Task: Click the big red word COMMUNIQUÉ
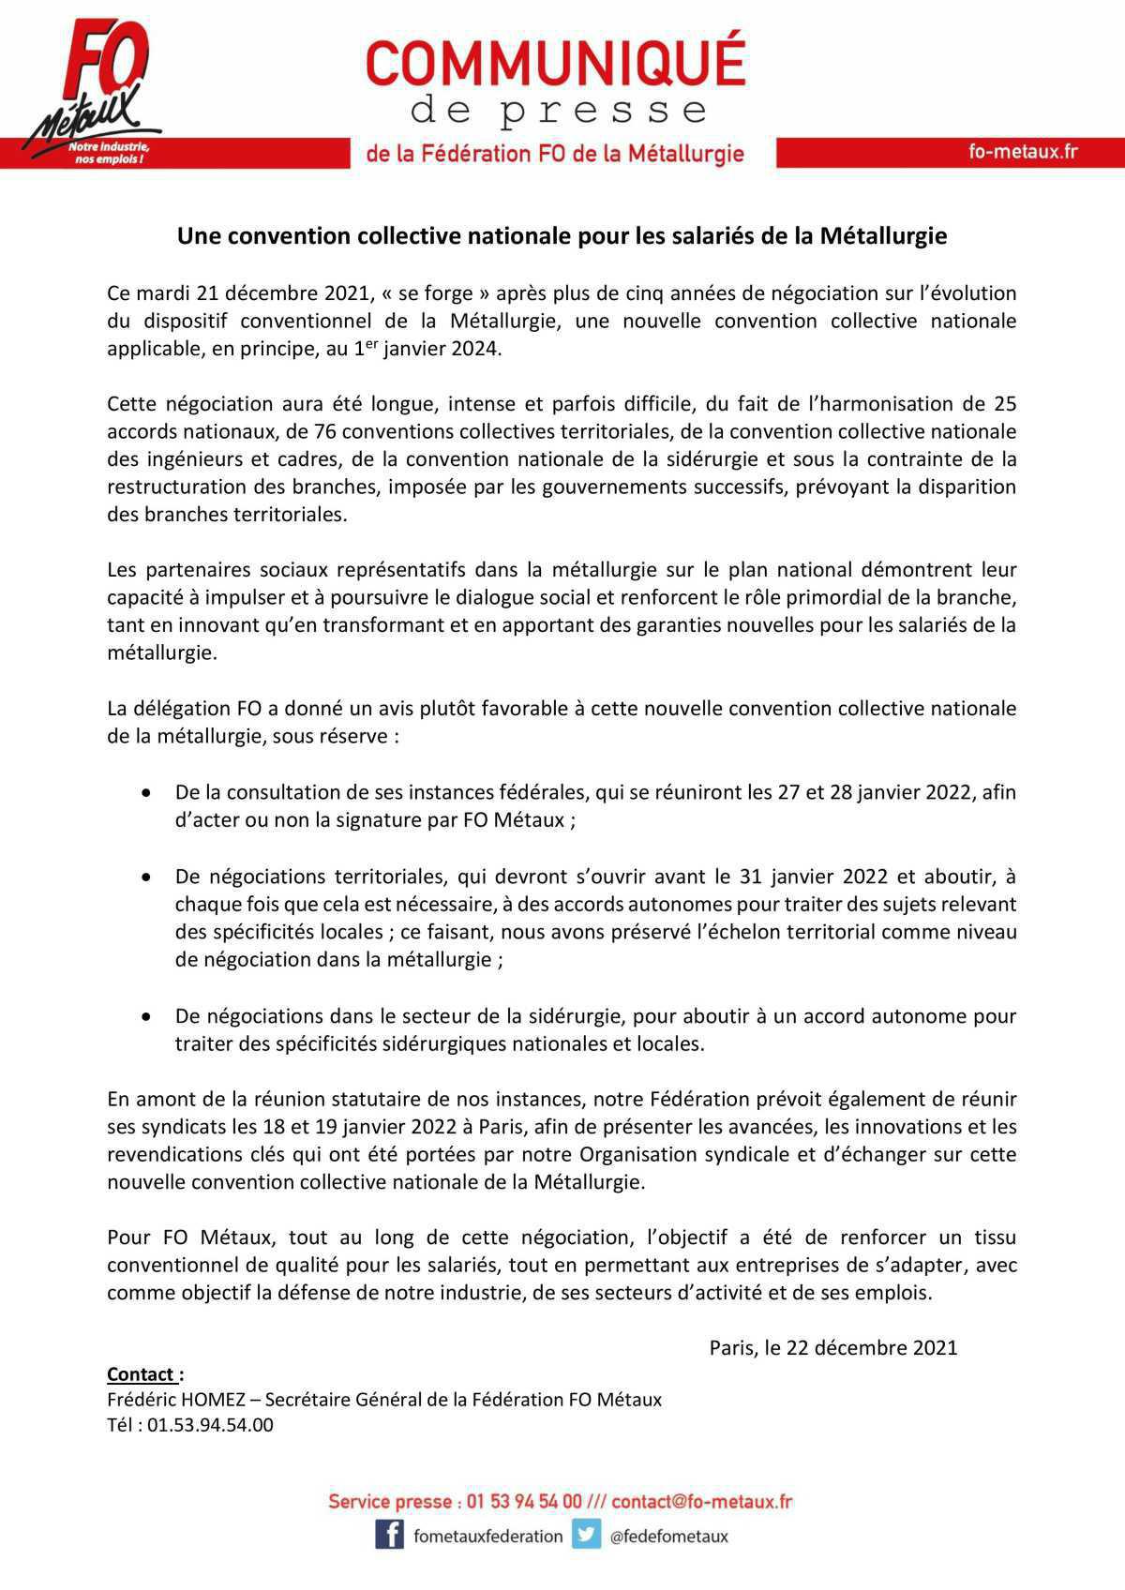click(x=555, y=64)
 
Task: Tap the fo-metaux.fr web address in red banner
click(x=1023, y=152)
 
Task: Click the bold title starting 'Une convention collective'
click(x=562, y=235)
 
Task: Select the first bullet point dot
click(x=147, y=793)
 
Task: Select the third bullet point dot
click(x=147, y=1016)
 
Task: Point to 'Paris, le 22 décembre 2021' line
click(x=832, y=1347)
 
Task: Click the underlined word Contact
click(x=141, y=1374)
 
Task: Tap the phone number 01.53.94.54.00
click(x=210, y=1425)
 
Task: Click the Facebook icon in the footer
click(x=389, y=1535)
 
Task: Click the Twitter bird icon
click(x=587, y=1535)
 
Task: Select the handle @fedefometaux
click(x=667, y=1536)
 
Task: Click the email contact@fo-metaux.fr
click(x=702, y=1501)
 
